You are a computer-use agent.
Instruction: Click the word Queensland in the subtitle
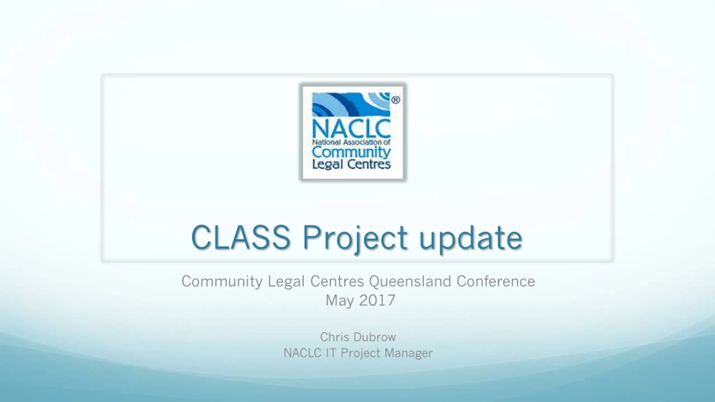[410, 281]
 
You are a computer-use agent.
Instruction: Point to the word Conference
[496, 281]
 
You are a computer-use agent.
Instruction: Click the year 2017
[377, 300]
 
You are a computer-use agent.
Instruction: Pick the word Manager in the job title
[409, 353]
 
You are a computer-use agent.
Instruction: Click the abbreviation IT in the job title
[330, 353]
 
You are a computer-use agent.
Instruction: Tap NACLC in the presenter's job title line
[302, 353]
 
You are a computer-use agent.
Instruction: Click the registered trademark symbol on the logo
[395, 100]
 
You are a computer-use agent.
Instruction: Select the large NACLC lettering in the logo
[351, 129]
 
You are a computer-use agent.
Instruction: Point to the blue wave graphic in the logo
[351, 104]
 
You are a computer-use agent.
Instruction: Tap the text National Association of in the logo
[351, 142]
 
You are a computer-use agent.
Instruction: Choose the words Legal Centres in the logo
[351, 164]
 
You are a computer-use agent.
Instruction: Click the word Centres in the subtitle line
[337, 281]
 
